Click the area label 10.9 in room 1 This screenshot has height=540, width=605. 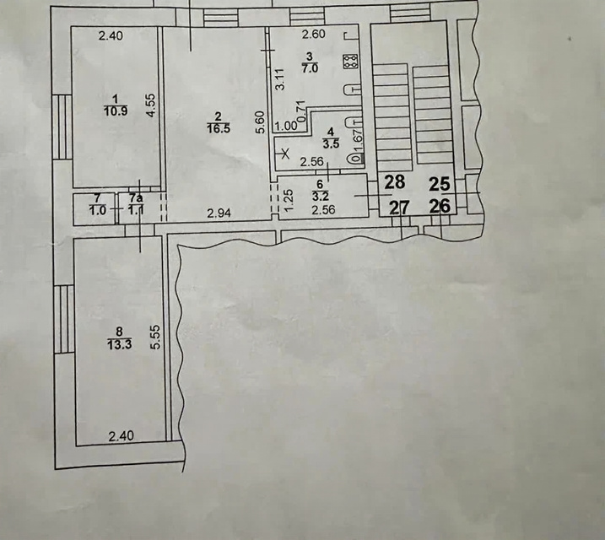coord(116,111)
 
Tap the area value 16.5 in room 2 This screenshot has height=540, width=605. coord(219,128)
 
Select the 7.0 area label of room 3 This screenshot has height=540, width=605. coord(310,68)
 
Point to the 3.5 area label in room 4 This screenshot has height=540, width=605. coord(331,144)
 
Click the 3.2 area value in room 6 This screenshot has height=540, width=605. coord(321,196)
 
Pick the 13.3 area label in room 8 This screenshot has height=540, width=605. coord(120,344)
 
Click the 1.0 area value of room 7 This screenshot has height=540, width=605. coord(97,211)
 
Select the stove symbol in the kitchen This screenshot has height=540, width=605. coord(351,62)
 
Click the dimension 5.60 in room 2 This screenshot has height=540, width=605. coord(261,122)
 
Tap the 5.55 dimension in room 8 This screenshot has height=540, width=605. coord(155,337)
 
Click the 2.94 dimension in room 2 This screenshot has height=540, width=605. coord(219,213)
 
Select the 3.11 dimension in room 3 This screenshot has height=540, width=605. coord(280,79)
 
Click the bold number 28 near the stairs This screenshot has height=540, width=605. coord(395,182)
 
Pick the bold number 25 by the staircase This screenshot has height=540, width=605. coord(440,184)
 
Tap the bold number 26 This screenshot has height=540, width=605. coord(440,207)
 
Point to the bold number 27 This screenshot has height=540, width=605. coord(399,208)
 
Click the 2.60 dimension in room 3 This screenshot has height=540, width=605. coord(314,35)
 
